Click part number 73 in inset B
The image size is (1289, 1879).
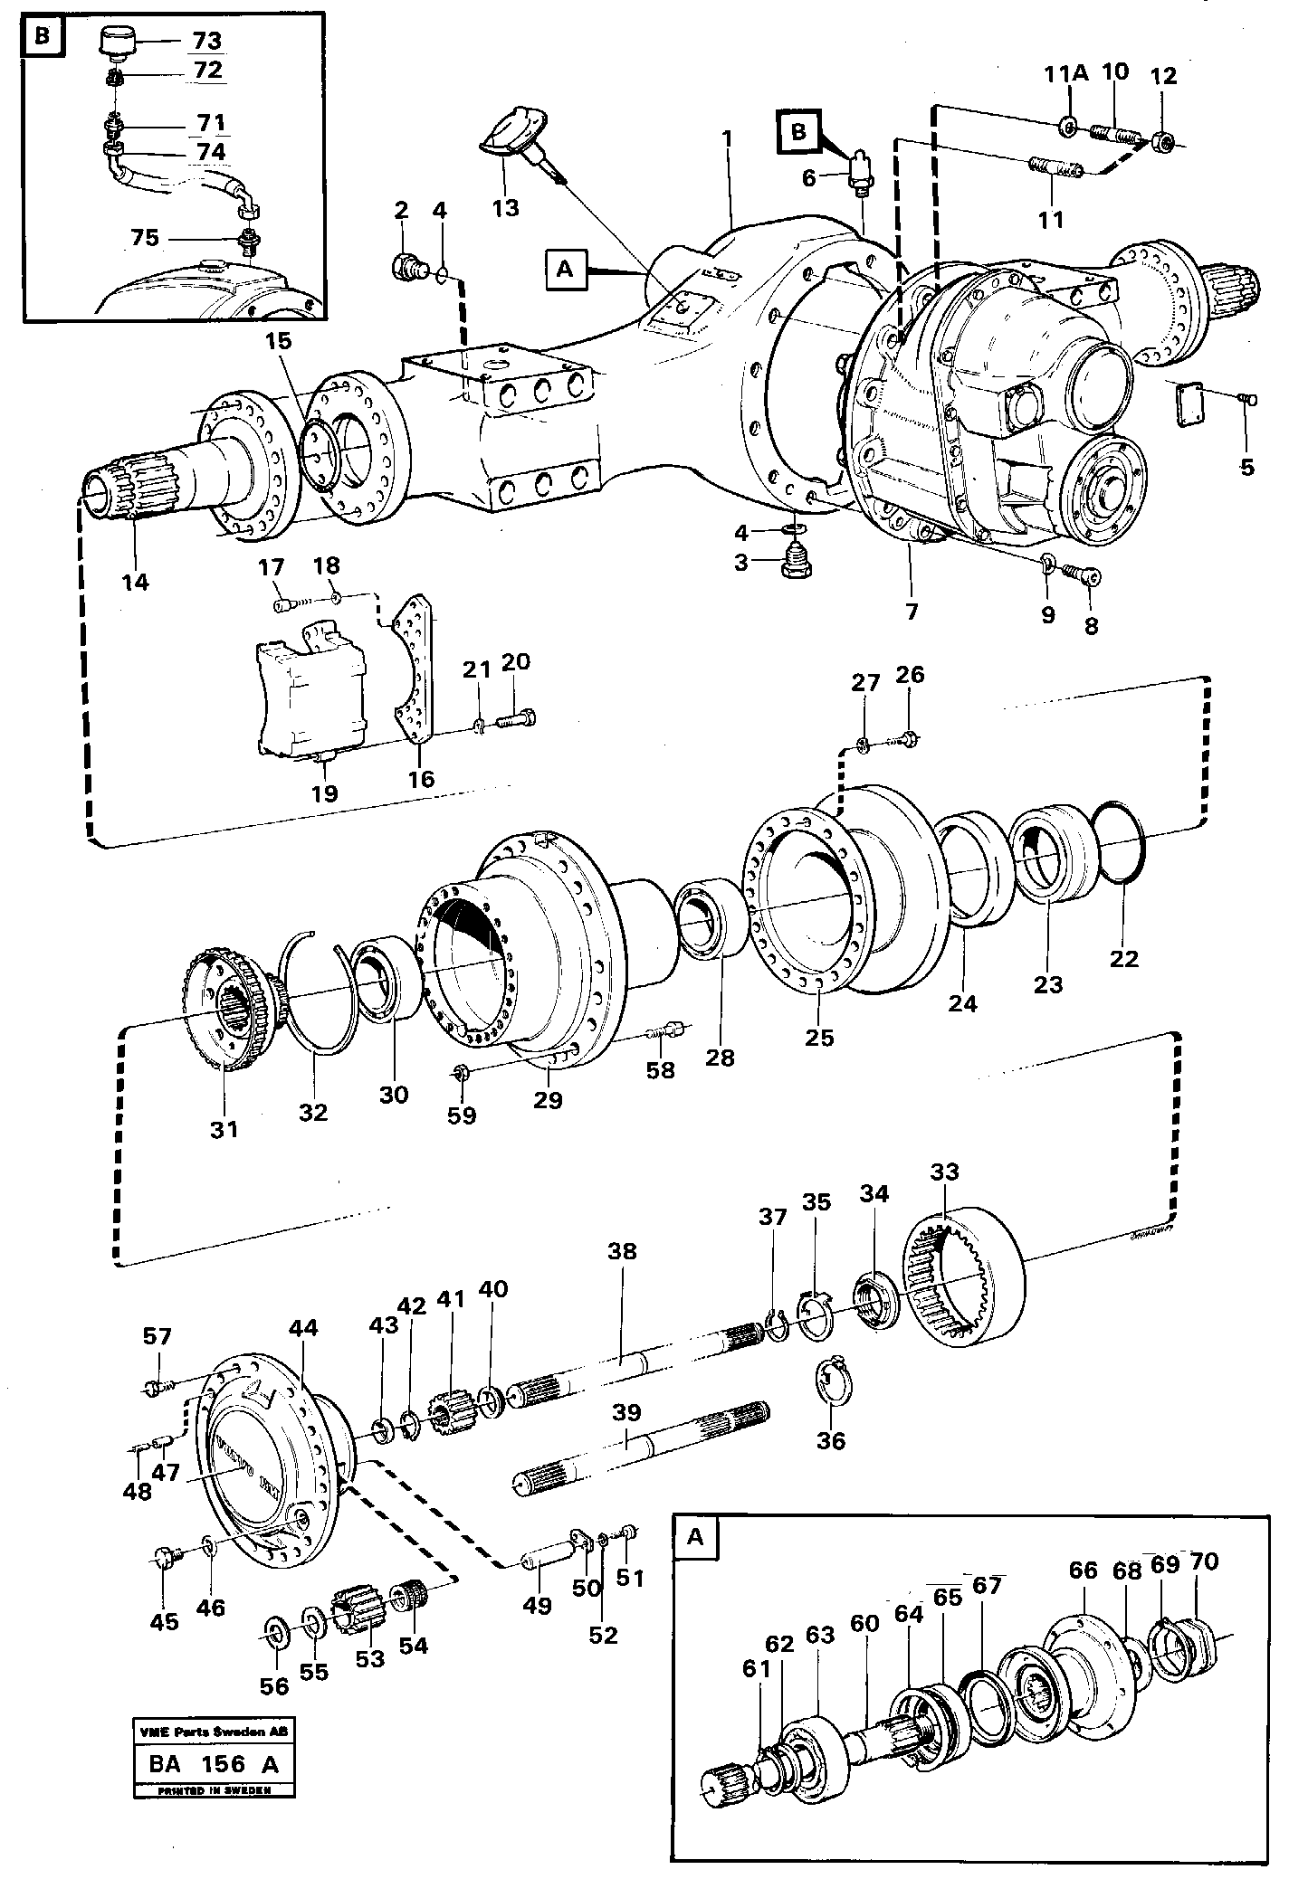click(x=207, y=42)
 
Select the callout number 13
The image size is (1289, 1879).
click(x=506, y=208)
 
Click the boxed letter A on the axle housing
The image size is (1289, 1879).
click(x=567, y=269)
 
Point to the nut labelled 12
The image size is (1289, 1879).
click(x=1166, y=141)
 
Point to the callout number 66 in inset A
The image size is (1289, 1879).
click(x=1083, y=1570)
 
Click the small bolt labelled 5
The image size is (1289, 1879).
click(x=1246, y=399)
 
